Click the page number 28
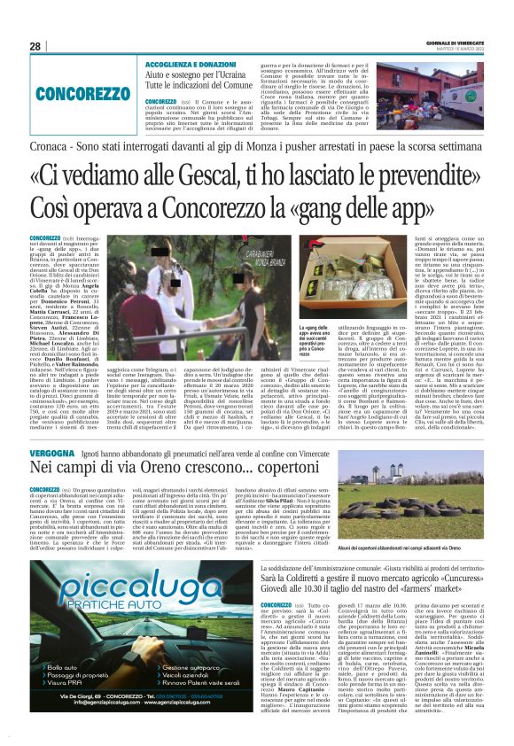click(35, 46)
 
